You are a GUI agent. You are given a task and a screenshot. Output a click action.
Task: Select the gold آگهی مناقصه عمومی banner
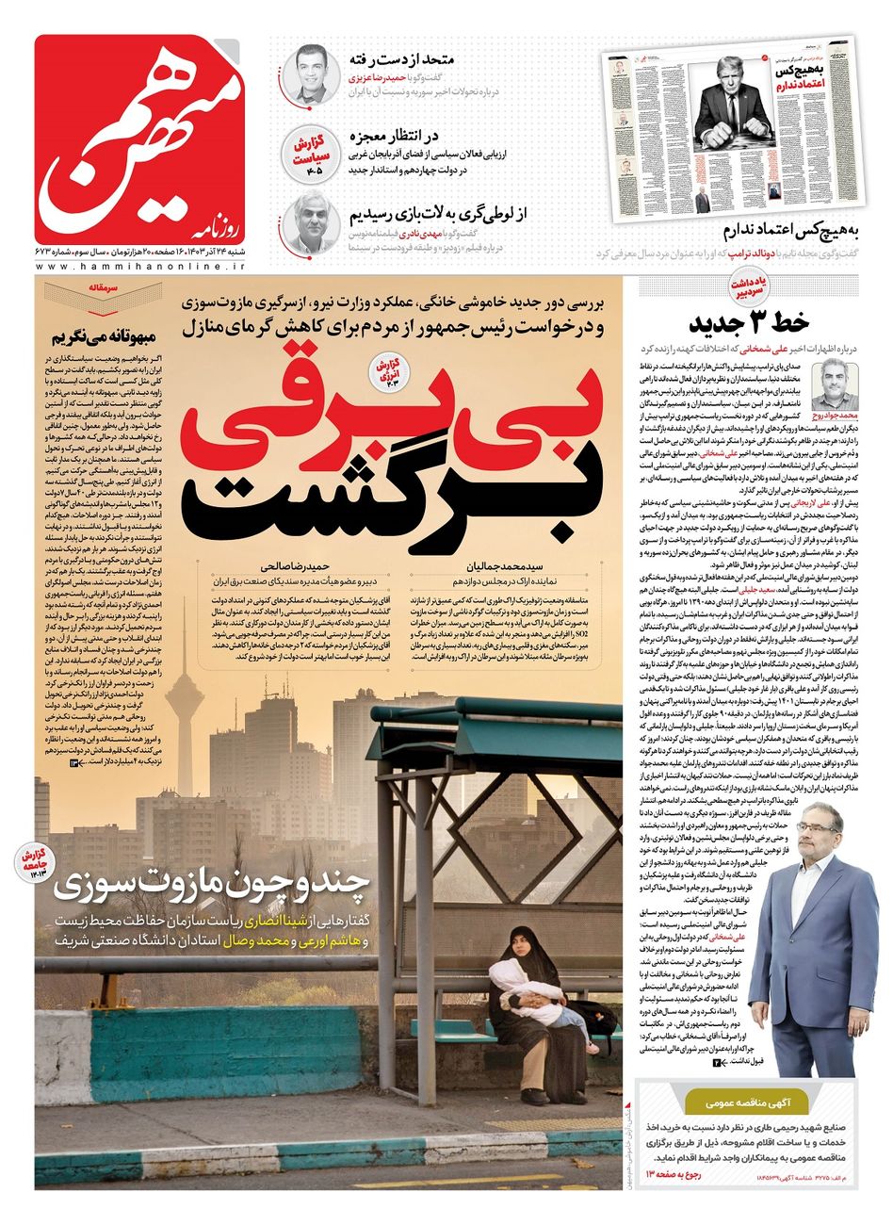(748, 1100)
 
